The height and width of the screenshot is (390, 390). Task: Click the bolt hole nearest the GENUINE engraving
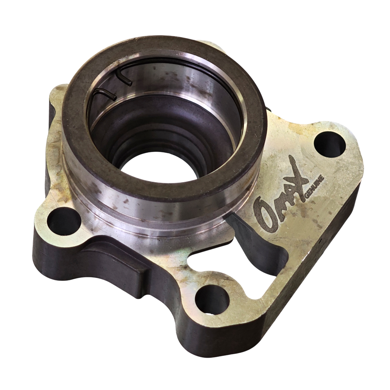[x=330, y=145]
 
